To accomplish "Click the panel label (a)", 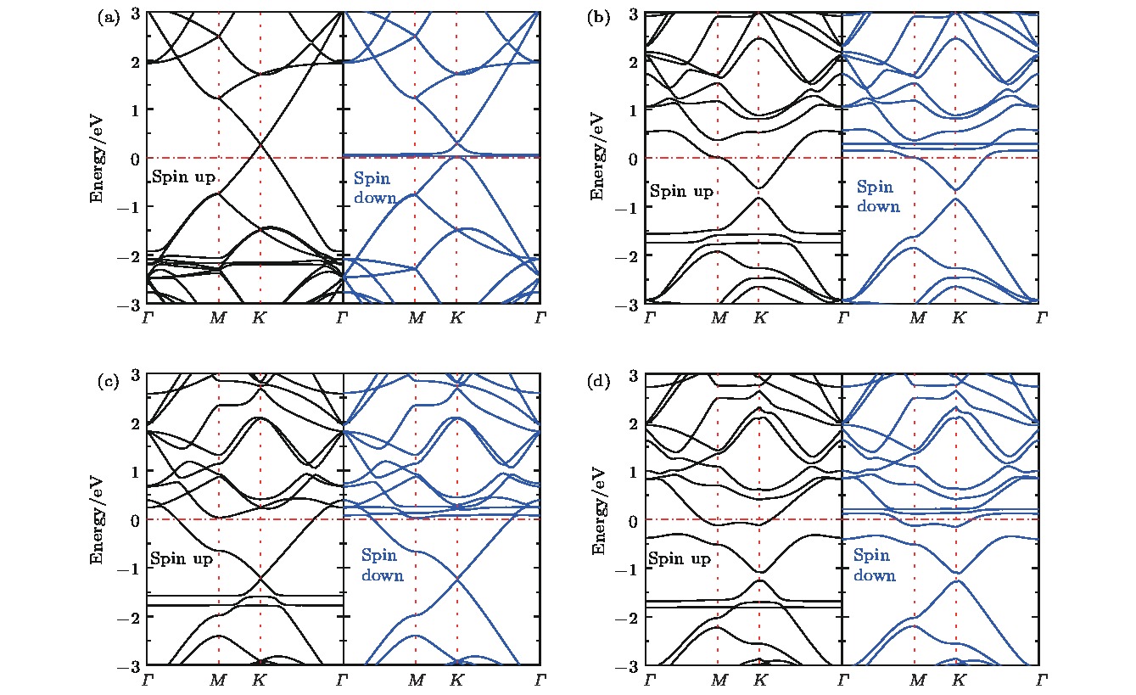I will (x=109, y=16).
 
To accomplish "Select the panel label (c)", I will (x=109, y=381).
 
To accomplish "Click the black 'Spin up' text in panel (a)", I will (x=183, y=178).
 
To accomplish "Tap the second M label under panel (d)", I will (x=916, y=681).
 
